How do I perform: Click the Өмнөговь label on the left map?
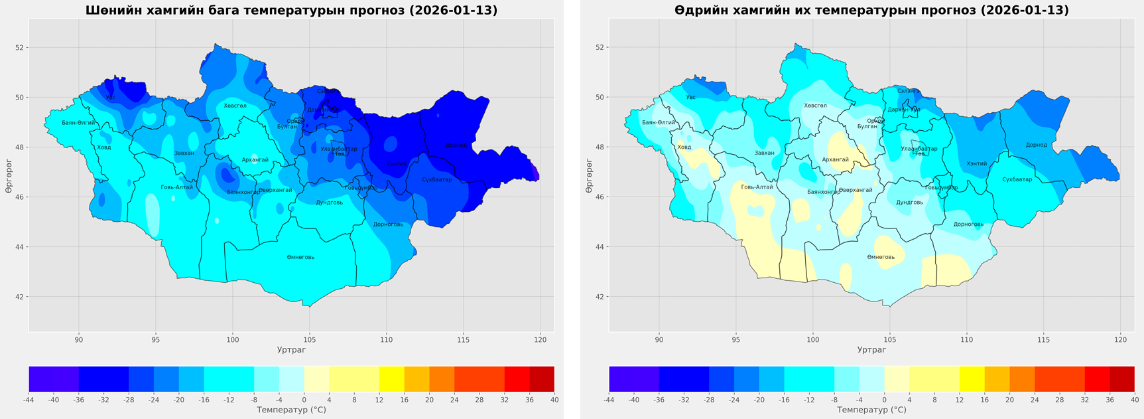[x=300, y=257]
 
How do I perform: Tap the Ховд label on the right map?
[x=684, y=147]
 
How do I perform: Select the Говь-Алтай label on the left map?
[x=176, y=187]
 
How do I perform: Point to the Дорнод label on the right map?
[x=1036, y=145]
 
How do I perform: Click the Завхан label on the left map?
[x=184, y=153]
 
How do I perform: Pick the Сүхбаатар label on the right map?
[x=1017, y=179]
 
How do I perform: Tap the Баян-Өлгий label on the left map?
[x=78, y=123]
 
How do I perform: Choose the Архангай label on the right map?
[x=835, y=159]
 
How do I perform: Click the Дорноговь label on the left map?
[x=388, y=224]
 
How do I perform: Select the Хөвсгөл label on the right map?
[x=815, y=106]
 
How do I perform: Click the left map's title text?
[x=291, y=11]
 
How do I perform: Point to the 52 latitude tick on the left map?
[x=20, y=48]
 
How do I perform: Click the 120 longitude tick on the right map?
[x=1120, y=340]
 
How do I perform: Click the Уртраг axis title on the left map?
[x=291, y=350]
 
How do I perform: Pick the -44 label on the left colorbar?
[x=29, y=400]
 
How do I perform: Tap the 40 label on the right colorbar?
[x=1134, y=400]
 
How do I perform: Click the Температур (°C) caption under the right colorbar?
[x=871, y=410]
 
